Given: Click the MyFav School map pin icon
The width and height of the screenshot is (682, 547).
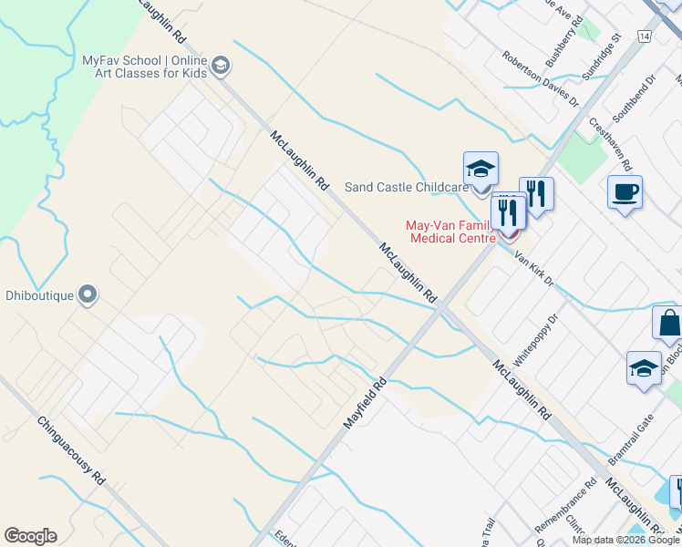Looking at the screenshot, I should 221,66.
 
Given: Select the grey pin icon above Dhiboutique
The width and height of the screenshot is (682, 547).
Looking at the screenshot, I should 88,294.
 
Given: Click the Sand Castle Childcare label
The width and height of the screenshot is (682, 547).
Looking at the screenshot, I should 406,187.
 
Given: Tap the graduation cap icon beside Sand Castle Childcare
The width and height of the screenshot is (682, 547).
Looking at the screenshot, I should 480,170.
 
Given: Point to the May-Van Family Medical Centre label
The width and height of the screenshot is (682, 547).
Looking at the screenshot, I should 450,232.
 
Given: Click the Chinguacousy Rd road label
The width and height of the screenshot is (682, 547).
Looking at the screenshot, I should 73,452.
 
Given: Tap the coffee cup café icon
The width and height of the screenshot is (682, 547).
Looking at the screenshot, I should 625,192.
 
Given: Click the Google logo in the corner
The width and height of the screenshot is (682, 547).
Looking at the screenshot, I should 30,536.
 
